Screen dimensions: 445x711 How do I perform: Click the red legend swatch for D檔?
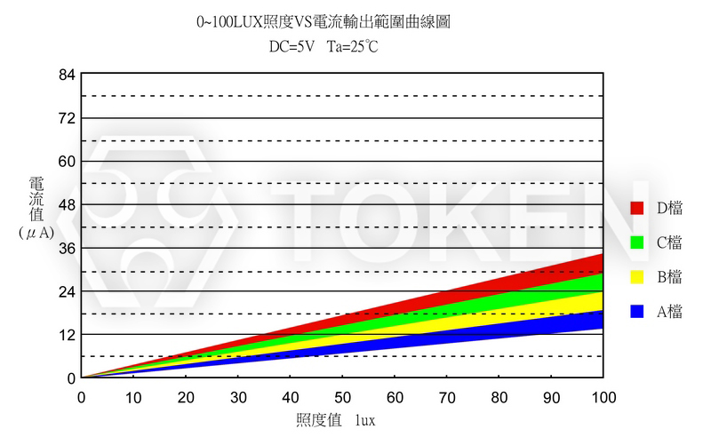636,208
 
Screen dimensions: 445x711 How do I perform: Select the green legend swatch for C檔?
636,242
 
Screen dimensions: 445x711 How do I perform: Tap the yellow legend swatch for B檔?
636,276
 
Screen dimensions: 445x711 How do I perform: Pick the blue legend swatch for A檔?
636,311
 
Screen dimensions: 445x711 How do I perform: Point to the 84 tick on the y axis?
66,75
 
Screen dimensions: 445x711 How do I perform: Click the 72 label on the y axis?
66,118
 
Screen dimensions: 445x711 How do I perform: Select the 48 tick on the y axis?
66,204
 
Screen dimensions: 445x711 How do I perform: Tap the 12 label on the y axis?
66,334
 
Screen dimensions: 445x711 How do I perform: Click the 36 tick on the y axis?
66,248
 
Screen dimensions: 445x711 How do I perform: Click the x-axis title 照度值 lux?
335,419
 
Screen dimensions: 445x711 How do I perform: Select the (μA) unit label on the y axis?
36,232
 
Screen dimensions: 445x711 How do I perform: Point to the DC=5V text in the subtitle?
291,46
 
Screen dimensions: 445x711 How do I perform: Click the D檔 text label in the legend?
669,208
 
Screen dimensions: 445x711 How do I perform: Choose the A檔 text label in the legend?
669,311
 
